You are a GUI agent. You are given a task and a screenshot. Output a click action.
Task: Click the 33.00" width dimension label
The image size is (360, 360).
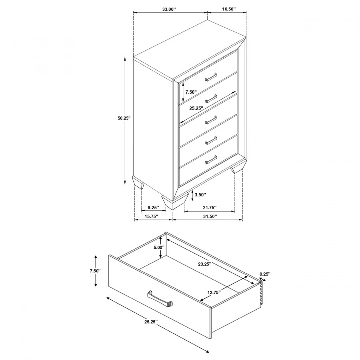coord(169,9)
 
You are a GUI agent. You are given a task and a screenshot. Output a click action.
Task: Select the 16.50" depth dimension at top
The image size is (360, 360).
coord(229,9)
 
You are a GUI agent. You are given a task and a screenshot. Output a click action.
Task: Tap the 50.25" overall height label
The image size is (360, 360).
coord(124,118)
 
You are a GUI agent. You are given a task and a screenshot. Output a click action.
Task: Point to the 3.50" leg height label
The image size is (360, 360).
coord(200,195)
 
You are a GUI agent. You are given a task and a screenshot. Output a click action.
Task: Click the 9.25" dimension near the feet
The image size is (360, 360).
coord(153,208)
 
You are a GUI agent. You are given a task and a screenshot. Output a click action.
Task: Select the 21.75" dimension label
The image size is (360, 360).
coord(210,208)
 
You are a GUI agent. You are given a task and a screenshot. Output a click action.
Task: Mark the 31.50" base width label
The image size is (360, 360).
coord(210,216)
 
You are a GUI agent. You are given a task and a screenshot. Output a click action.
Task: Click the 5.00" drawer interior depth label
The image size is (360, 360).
coord(159,248)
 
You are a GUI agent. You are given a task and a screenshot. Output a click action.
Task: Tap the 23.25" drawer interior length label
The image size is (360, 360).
coord(204,264)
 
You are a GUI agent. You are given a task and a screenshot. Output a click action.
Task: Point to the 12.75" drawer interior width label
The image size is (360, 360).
coord(214,292)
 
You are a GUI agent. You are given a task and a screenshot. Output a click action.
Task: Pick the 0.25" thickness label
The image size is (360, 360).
coord(265,274)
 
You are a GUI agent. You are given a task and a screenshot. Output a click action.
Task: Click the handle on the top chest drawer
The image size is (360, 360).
coord(211,77)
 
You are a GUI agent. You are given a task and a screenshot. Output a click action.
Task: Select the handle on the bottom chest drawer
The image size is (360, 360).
coord(211,160)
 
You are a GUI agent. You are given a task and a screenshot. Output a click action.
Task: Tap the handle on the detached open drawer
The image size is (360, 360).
coord(160,299)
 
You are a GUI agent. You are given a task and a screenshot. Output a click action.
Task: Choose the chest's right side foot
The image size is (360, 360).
coord(239,166)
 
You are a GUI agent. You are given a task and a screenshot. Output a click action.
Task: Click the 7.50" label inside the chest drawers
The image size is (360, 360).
coord(191,92)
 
